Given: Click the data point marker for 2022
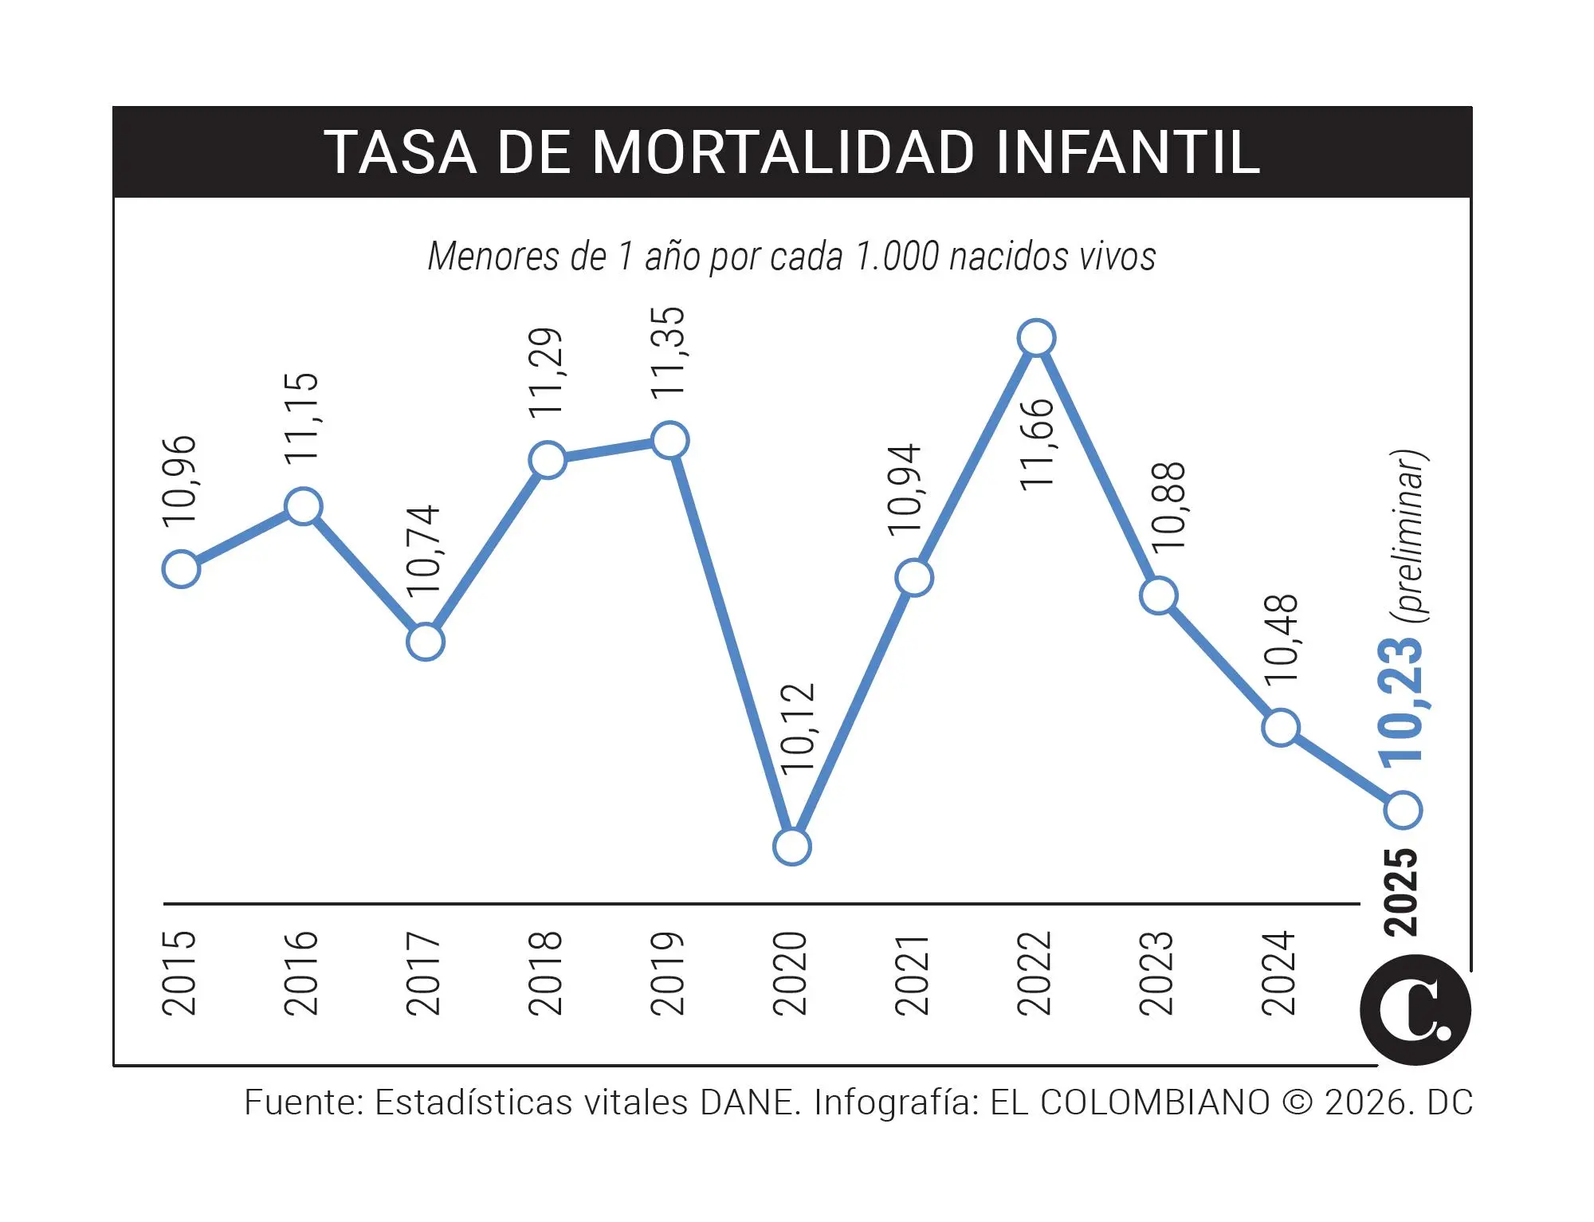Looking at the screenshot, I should [x=1036, y=338].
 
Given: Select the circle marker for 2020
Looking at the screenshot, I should [x=792, y=847].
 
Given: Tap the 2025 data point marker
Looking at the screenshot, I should [x=1403, y=810].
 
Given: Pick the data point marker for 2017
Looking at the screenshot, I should [x=425, y=642].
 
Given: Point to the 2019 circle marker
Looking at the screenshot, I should [x=670, y=440].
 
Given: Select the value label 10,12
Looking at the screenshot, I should [x=798, y=729].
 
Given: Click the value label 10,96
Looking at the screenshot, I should [x=179, y=481].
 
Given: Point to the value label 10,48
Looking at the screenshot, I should [x=1282, y=638].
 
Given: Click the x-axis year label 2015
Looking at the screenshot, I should [x=179, y=972].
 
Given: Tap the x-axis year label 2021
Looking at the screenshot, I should [x=913, y=974].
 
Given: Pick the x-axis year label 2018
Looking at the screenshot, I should [x=546, y=972].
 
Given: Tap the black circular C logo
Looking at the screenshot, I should [x=1415, y=1010].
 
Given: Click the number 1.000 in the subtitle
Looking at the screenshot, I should [x=897, y=257].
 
